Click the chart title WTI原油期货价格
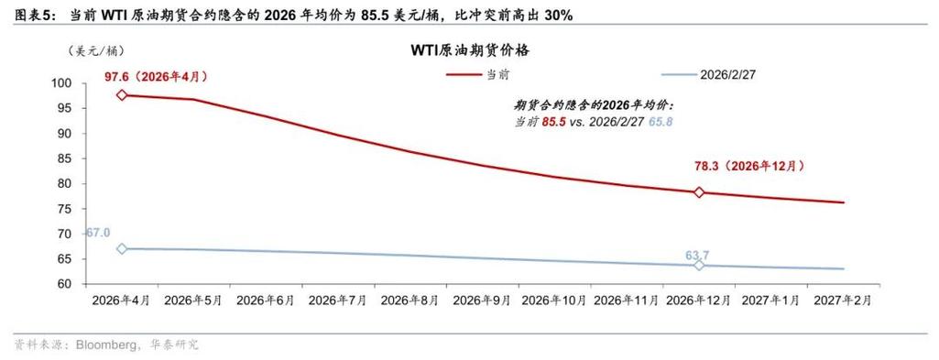469,51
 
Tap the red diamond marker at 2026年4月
121,94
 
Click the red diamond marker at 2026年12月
699,192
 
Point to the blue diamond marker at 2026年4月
121,248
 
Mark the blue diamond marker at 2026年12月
699,265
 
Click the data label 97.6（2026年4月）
161,77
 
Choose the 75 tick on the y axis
64,209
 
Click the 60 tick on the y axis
64,284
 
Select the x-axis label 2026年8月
409,300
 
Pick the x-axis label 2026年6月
265,300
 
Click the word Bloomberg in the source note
106,345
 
